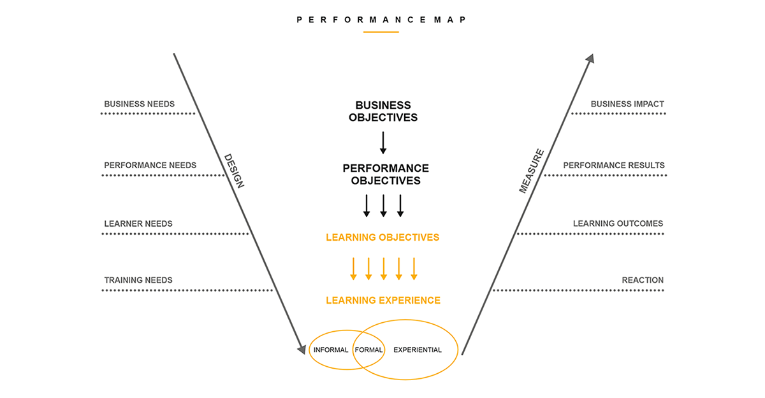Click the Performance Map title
(x=382, y=20)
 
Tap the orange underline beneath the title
(x=381, y=32)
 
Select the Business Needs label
(x=139, y=104)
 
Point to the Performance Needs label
(x=150, y=165)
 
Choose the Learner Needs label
(x=138, y=224)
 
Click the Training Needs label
(x=138, y=280)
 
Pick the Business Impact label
(x=627, y=104)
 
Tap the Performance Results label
(x=614, y=165)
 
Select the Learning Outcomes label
(x=618, y=224)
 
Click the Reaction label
(x=643, y=280)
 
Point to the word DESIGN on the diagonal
(x=233, y=170)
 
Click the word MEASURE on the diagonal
(x=531, y=171)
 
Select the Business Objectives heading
(x=383, y=111)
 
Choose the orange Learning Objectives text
(x=382, y=238)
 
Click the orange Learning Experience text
(x=383, y=300)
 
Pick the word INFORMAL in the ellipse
(x=331, y=350)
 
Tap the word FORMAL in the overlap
(x=368, y=350)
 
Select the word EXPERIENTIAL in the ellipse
(x=418, y=350)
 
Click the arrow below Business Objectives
(x=383, y=143)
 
